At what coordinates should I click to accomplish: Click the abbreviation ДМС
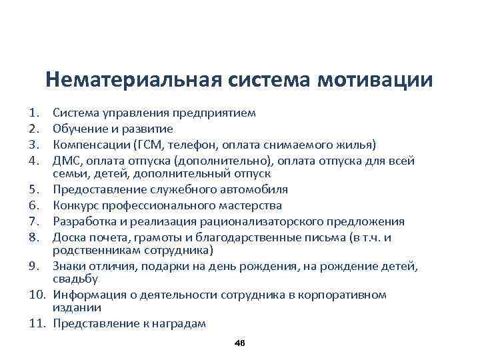coord(68,161)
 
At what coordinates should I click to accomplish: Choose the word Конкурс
coord(75,206)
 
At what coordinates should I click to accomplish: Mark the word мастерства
coord(250,206)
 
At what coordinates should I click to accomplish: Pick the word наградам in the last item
coord(179,324)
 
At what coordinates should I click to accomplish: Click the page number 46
coord(240,343)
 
